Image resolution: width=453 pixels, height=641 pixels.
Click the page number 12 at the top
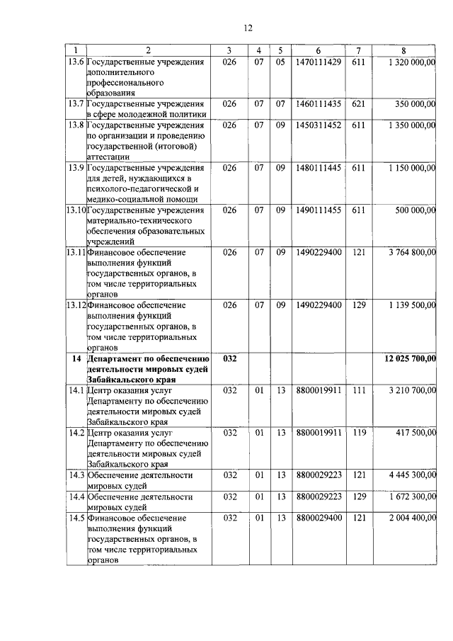click(248, 28)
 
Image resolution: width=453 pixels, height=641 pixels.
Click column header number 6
click(319, 50)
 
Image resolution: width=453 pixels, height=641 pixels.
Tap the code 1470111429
click(319, 62)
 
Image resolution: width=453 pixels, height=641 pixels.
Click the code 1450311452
click(319, 125)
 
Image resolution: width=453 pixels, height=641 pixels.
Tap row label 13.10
click(76, 210)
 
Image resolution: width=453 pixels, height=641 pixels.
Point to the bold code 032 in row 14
click(229, 359)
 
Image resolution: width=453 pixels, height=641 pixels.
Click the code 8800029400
click(319, 518)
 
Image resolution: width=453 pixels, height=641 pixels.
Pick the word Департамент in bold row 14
click(117, 359)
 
